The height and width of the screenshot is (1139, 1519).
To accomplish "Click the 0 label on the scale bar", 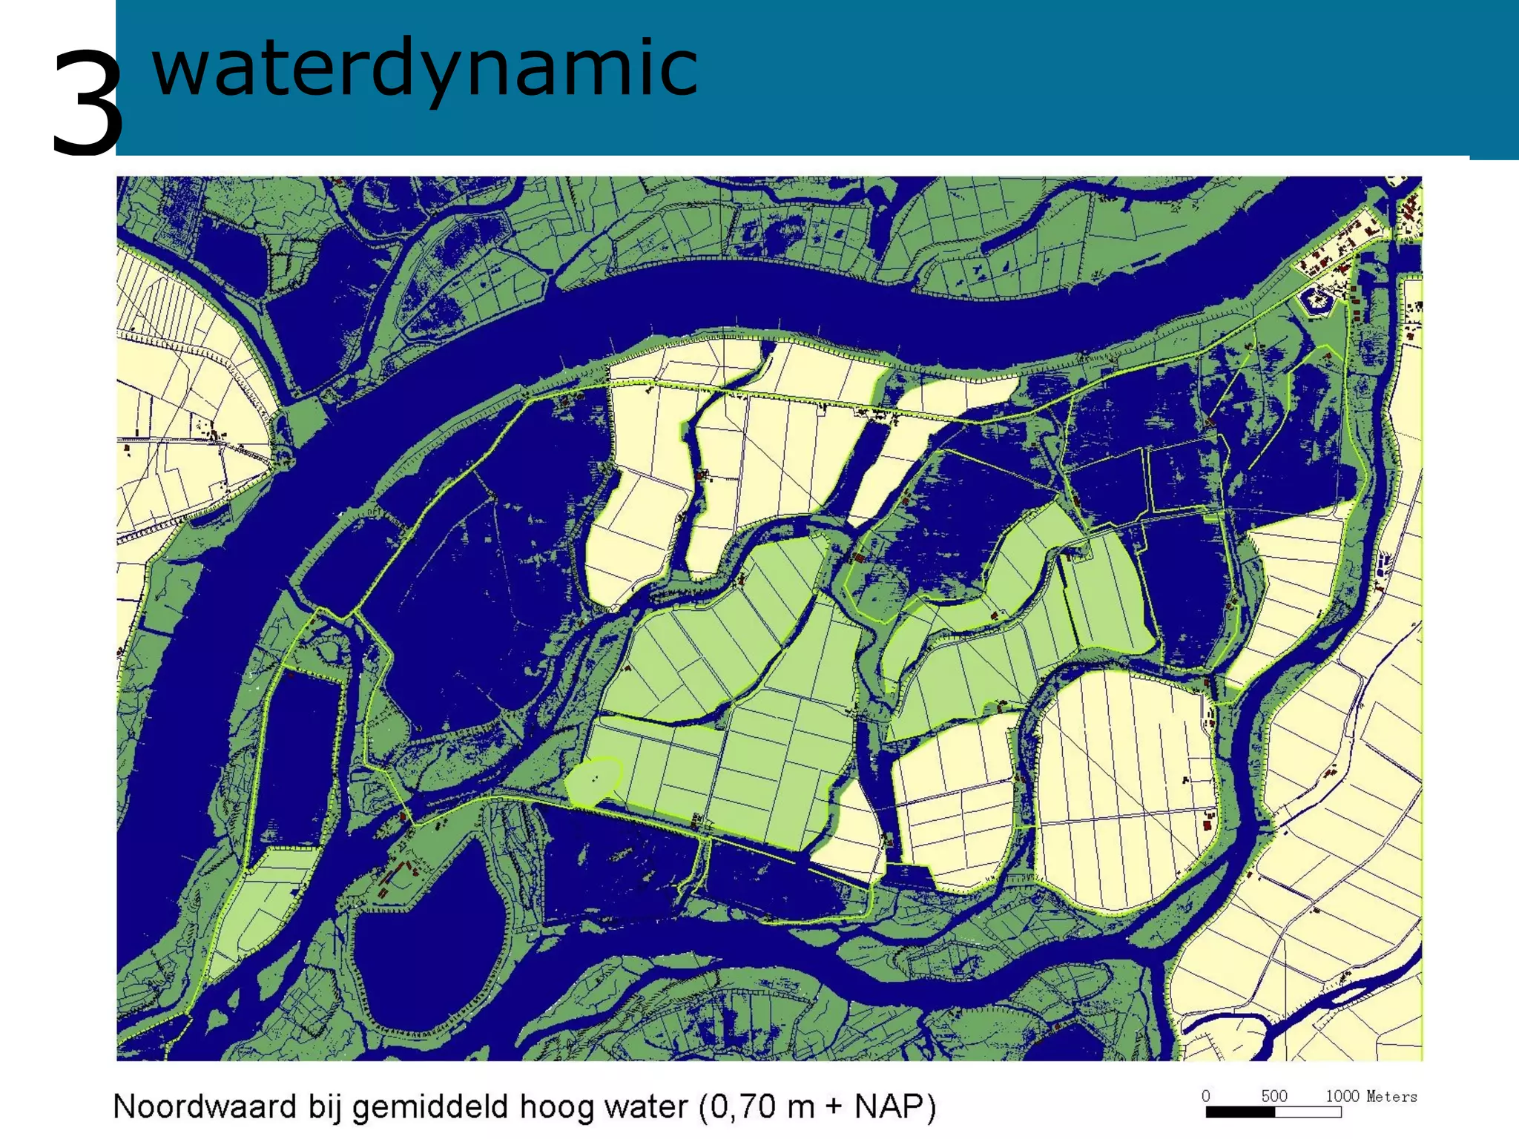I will (x=1206, y=1096).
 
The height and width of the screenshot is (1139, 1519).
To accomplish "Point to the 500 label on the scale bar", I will (x=1273, y=1096).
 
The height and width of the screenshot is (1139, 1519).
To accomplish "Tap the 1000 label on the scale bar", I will (x=1342, y=1096).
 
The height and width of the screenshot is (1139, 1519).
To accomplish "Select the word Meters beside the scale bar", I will (x=1391, y=1096).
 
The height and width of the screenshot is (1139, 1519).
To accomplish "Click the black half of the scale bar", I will (x=1240, y=1112).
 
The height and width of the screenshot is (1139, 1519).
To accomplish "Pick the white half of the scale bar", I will (x=1308, y=1112).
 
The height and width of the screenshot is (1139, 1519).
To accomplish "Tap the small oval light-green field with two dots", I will (x=593, y=781).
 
